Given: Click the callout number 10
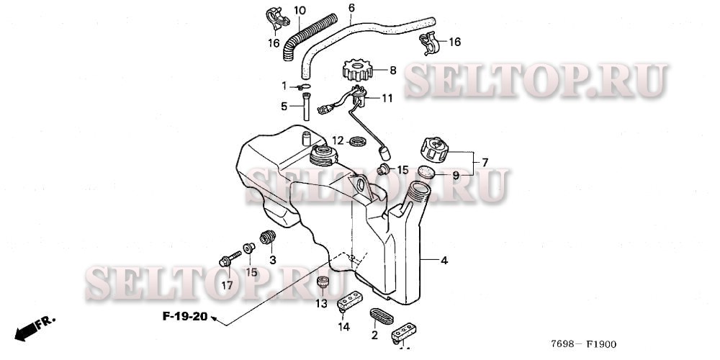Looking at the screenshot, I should point(300,11).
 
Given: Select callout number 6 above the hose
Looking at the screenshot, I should point(351,9).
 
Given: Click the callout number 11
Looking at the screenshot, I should point(387,98).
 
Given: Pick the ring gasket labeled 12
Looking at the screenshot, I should point(356,140).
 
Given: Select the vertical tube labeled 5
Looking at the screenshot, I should point(308,107).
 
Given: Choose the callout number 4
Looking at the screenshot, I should point(444,259).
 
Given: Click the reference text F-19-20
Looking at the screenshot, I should point(184,317).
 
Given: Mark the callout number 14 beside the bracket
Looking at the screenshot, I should point(344,327).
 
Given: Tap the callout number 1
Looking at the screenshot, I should point(284,86).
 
